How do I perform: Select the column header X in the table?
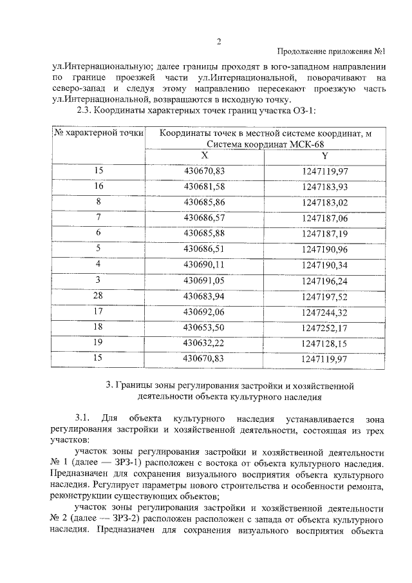tap(204, 156)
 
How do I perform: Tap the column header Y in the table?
tap(324, 156)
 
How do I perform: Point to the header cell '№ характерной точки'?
tap(98, 133)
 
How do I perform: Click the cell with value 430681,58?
tap(204, 186)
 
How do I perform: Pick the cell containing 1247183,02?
tap(324, 202)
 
